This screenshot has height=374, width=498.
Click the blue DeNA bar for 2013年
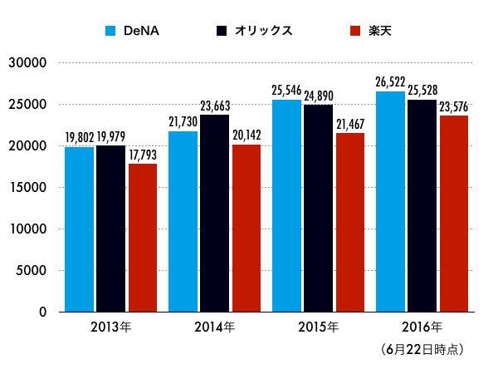click(79, 229)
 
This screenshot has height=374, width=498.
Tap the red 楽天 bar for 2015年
click(349, 222)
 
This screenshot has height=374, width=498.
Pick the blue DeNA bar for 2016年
click(390, 201)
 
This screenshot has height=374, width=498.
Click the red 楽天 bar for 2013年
click(143, 238)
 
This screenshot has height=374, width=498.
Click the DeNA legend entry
click(133, 32)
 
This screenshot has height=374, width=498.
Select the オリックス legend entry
click(253, 32)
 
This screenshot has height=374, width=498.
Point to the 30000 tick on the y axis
click(28, 63)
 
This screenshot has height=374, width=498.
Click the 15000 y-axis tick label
click(28, 188)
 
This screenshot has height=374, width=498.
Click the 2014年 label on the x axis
click(214, 327)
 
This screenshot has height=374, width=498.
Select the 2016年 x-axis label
click(422, 327)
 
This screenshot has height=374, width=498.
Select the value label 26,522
click(390, 84)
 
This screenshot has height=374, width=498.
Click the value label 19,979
click(112, 138)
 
